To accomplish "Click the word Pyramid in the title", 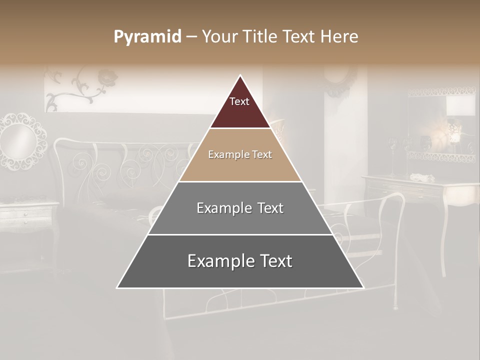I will (147, 37).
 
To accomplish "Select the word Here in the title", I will (339, 37).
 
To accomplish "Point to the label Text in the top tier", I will (239, 101).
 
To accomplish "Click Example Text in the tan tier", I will (240, 154).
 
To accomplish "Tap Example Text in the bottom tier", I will (240, 261).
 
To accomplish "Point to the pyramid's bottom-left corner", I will (117, 287).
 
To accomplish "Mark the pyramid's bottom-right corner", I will (363, 287).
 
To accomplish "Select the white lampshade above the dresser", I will (460, 105).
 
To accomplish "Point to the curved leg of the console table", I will (444, 235).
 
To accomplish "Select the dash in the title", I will (191, 37).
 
